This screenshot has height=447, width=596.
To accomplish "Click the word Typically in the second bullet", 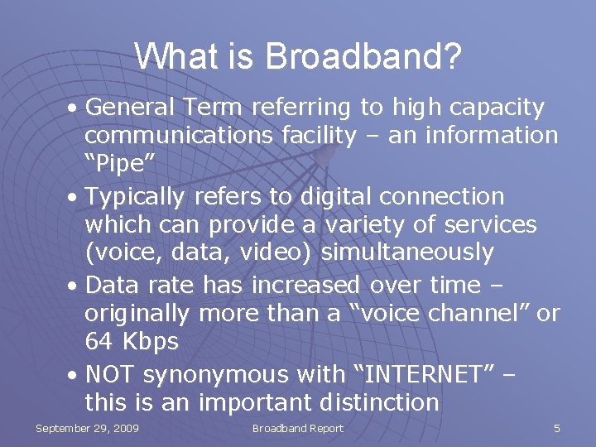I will click(136, 196).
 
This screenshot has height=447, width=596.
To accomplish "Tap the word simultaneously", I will click(407, 252).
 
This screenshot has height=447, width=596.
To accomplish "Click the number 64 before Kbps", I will click(99, 341).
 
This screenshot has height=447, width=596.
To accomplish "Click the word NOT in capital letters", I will click(110, 375).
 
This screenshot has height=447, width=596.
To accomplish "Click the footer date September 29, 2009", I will click(87, 429).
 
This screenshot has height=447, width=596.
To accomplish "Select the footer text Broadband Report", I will click(297, 429).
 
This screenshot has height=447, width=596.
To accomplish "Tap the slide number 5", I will click(557, 429).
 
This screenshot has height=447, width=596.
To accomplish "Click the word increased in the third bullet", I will click(306, 286).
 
